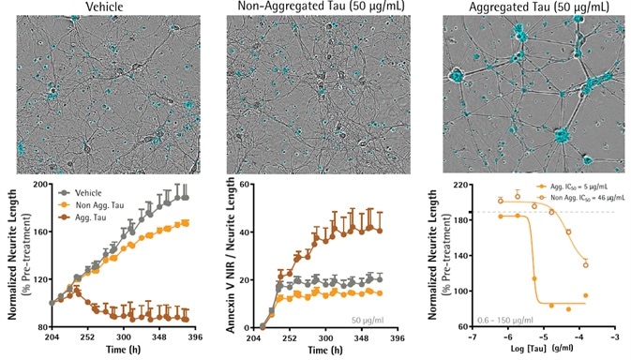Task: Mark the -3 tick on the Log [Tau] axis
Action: (614, 335)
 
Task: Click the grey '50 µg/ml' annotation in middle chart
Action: (365, 320)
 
